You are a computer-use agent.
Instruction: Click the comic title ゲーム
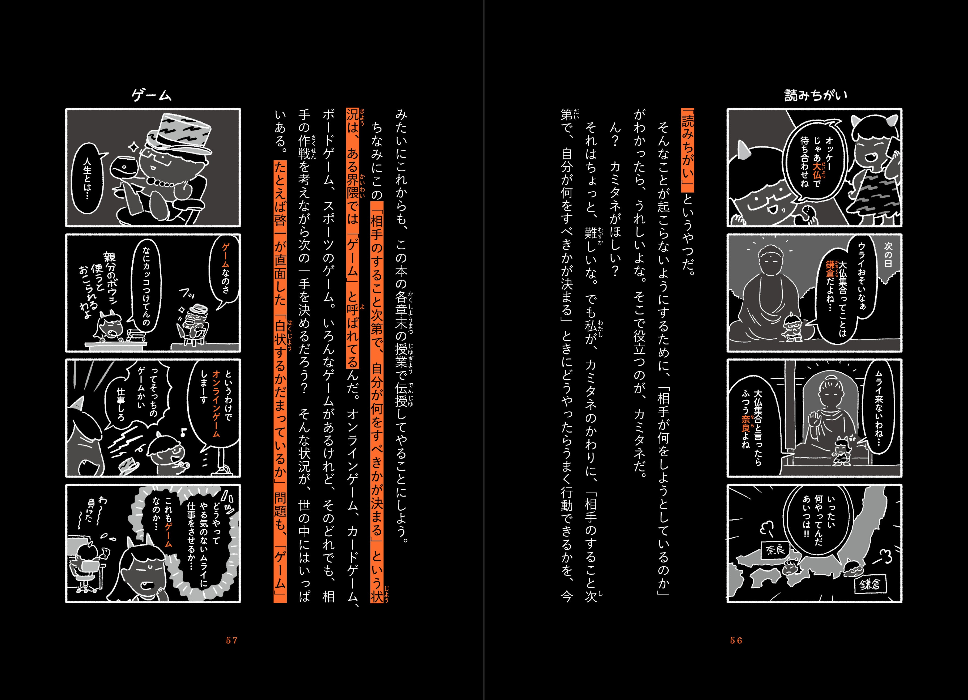[152, 95]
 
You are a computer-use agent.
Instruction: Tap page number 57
[232, 640]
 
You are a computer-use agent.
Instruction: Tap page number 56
[736, 640]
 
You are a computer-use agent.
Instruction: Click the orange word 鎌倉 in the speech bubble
[830, 269]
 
